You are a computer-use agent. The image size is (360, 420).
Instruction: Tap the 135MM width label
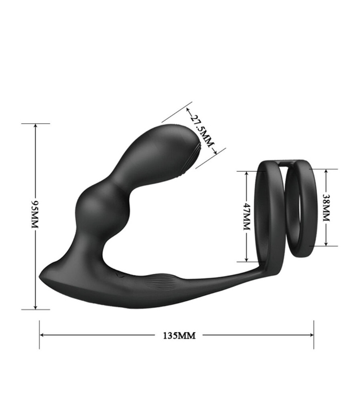pos(179,336)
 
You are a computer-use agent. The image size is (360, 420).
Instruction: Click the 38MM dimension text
pos(326,208)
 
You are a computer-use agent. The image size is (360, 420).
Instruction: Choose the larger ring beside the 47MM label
pos(266,216)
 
